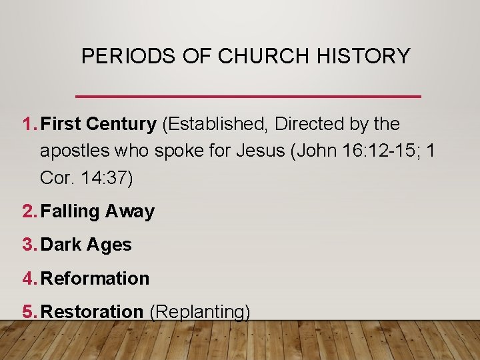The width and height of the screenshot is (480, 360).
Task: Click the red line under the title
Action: (x=249, y=97)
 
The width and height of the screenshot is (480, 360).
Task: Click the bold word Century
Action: (x=121, y=124)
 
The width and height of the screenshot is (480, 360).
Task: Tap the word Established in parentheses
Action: (x=217, y=124)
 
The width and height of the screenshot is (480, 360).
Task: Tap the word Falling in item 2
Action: (x=70, y=211)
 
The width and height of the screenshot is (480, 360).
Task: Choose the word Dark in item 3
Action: (x=61, y=245)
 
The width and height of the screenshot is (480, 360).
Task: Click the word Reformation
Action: (x=95, y=278)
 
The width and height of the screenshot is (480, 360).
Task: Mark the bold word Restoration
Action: (x=92, y=311)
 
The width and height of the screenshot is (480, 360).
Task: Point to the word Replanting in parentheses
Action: (x=199, y=311)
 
